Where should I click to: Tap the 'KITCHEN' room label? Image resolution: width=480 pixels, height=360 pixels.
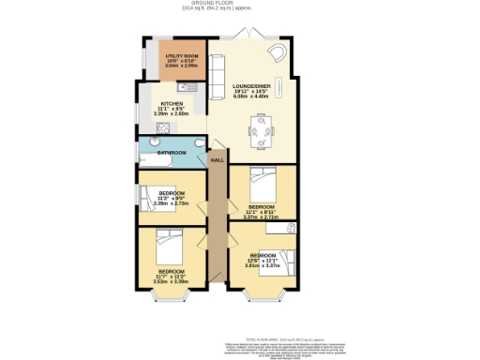tap(172, 103)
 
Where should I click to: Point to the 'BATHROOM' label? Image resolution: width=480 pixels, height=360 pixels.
tap(171, 152)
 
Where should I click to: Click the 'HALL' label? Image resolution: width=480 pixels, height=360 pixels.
tap(217, 160)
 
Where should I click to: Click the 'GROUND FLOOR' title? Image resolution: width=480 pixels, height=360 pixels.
tap(240, 4)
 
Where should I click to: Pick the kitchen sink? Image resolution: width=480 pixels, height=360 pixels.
tap(186, 87)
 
